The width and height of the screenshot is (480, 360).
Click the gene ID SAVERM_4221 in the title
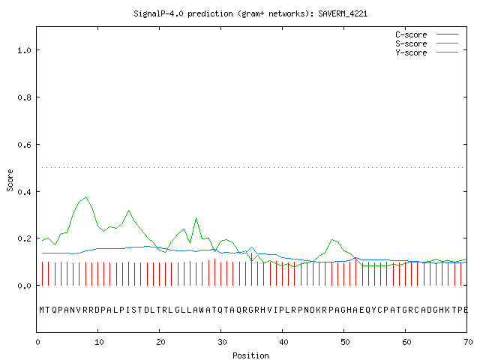(343, 13)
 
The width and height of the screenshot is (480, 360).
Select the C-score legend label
(411, 34)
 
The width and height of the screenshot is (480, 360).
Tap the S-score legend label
(411, 43)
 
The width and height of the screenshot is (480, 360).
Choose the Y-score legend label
(411, 52)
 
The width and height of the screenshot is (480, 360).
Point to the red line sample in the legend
(447, 34)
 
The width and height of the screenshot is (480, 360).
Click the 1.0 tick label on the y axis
(25, 50)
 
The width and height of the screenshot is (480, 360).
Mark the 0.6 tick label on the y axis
(25, 145)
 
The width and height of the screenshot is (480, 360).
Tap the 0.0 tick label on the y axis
(25, 286)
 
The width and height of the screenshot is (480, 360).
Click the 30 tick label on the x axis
(222, 342)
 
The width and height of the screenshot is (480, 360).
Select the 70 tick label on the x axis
(468, 342)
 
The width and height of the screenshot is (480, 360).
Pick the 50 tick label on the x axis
(345, 342)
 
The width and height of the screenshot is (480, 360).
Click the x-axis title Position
(250, 355)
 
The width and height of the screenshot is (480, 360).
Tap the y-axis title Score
(10, 181)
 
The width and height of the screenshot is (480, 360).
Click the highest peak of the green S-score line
(86, 196)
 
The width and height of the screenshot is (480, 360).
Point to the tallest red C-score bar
(252, 269)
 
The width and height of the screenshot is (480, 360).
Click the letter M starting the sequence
(42, 310)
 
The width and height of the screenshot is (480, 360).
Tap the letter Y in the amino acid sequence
(374, 310)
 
